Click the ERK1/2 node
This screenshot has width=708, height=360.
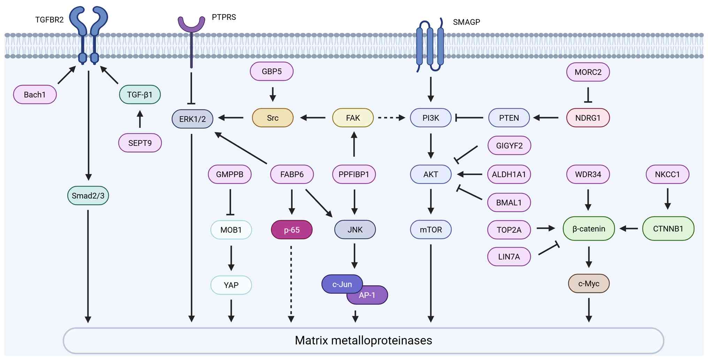[192, 119]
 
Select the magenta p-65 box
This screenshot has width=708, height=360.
[292, 230]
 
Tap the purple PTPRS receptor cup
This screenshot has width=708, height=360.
[191, 24]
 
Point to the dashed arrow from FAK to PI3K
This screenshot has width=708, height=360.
[392, 118]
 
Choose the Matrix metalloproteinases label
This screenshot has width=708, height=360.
[363, 340]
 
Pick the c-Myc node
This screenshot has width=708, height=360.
[588, 284]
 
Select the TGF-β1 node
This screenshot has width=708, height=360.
[140, 94]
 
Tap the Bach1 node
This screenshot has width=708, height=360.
[35, 94]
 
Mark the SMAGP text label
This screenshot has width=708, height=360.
[466, 22]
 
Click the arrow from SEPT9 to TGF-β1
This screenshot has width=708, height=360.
[140, 119]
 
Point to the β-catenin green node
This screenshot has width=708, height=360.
[588, 229]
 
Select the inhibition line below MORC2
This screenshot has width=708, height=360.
[588, 95]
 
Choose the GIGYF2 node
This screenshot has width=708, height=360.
[509, 146]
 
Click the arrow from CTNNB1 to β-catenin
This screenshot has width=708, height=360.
[629, 229]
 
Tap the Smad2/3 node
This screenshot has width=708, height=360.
[88, 196]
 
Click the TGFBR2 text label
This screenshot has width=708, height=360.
[49, 20]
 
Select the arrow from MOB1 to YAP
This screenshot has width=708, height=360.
[231, 258]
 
